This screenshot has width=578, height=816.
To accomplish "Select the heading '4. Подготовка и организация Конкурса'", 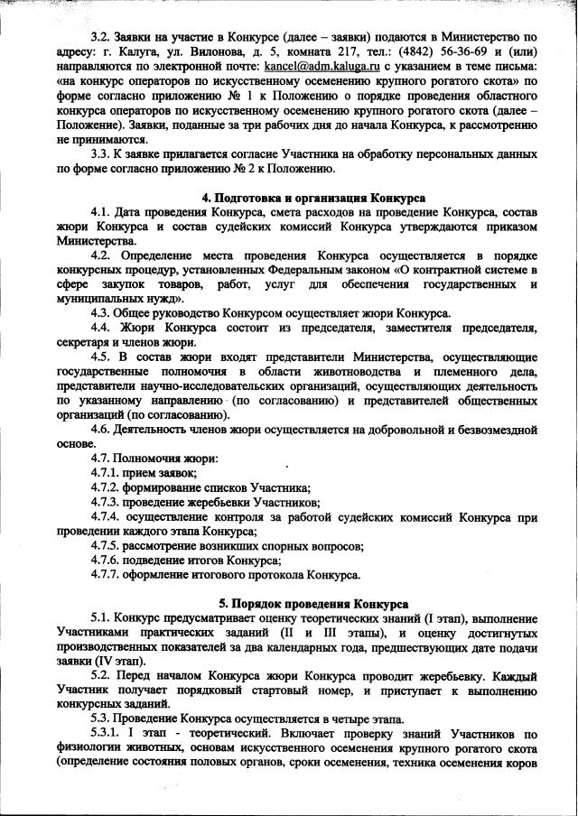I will [x=313, y=198].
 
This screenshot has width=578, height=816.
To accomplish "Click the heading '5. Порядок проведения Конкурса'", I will [x=313, y=603].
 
